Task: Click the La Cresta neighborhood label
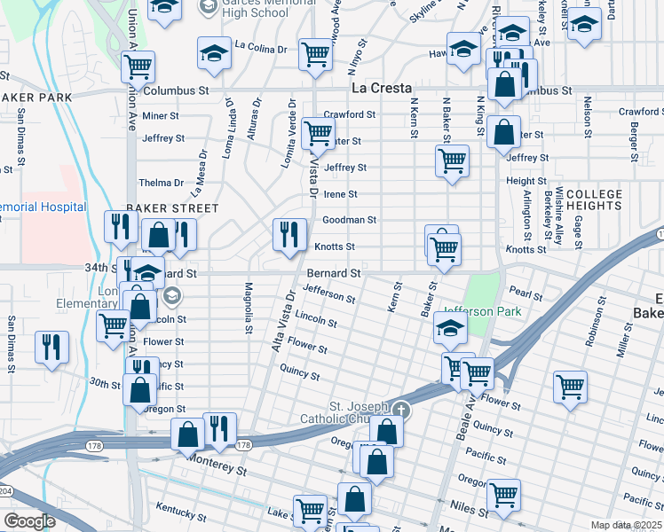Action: (381, 89)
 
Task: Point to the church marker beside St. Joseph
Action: (402, 409)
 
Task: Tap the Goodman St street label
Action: (349, 220)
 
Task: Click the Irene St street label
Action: (340, 194)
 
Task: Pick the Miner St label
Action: (161, 115)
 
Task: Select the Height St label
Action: (520, 181)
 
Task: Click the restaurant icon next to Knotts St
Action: (289, 235)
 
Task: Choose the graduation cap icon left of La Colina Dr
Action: (214, 53)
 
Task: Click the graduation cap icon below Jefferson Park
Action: (450, 328)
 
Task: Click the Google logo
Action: (29, 521)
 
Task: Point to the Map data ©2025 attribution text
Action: (625, 525)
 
